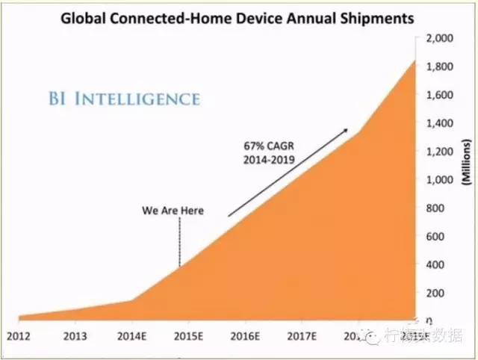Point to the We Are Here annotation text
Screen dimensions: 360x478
(x=173, y=211)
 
